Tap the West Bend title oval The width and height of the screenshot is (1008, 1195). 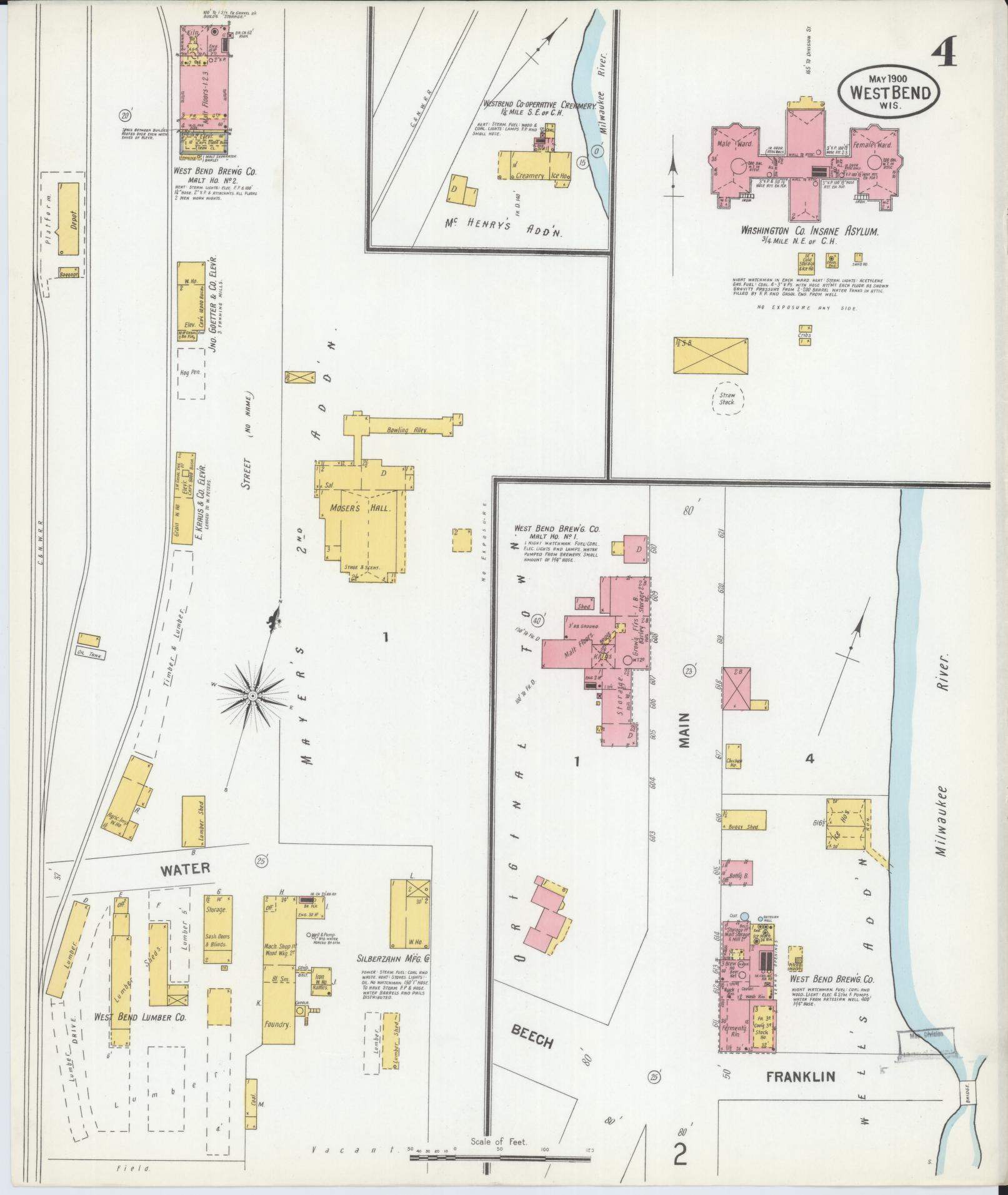coord(889,91)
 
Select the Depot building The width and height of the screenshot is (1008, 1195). coord(71,219)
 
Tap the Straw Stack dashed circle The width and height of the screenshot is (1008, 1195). coord(727,398)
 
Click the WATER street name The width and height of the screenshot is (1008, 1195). coord(184,868)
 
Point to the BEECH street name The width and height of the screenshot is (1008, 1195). coord(532,1038)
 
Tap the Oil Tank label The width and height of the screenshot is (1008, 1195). coord(92,655)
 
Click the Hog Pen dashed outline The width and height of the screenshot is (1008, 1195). coord(191,373)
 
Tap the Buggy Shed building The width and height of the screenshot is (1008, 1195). coord(743,826)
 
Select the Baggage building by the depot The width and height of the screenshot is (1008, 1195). coord(68,273)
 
